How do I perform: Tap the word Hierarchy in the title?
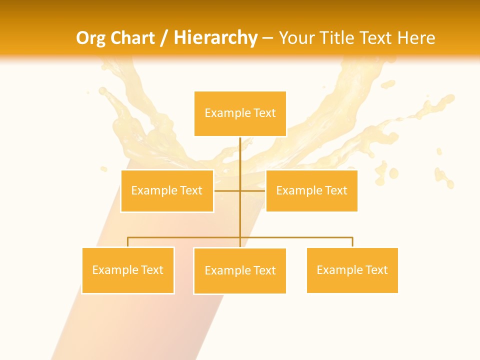pos(215,38)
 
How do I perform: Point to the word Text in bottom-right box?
pos(376,270)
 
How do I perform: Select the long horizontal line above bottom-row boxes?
pos(300,237)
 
